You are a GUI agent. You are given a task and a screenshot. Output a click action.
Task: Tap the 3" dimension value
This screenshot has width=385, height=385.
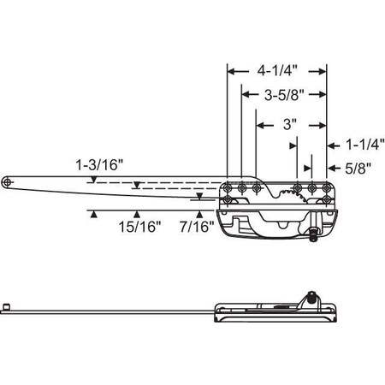pos(289,124)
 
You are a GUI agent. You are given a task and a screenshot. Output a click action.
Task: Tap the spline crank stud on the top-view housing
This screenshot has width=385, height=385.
pos(317,228)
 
